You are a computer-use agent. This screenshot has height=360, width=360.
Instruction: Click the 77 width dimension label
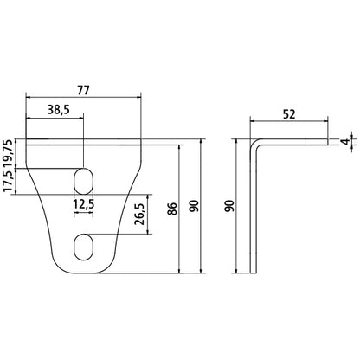82,87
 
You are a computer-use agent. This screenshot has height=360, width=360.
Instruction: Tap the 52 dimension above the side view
289,112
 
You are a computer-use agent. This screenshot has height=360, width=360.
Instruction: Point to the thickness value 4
344,142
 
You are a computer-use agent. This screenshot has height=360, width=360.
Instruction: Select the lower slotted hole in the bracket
84,246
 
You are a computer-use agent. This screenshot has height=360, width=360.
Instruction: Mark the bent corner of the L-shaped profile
255,142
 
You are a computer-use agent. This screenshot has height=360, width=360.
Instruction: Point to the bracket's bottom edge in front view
84,271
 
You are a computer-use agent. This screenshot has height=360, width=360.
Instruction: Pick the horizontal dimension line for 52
289,121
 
